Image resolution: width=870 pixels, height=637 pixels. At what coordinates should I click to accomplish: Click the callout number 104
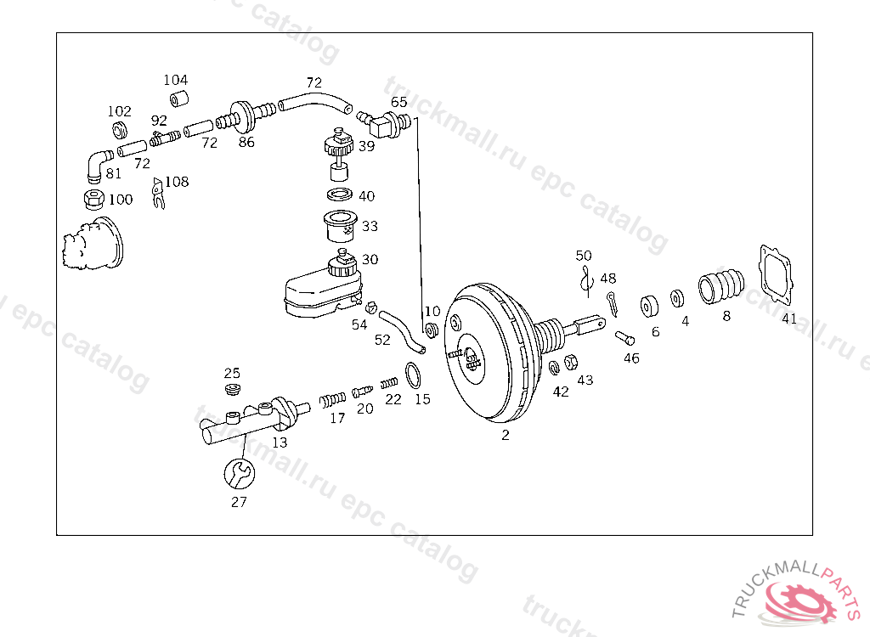[175, 80]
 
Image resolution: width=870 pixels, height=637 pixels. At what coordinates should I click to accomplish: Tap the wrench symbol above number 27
[239, 473]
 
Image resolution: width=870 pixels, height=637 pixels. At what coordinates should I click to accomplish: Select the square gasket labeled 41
[777, 273]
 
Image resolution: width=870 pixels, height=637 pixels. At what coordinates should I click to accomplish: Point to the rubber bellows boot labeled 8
[720, 285]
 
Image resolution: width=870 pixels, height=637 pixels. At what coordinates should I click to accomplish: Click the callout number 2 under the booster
[506, 435]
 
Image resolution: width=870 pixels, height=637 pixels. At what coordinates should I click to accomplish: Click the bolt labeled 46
[624, 338]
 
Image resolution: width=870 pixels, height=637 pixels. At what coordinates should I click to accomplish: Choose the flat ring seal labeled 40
[342, 195]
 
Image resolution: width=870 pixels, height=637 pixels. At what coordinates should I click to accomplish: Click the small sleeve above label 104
[178, 99]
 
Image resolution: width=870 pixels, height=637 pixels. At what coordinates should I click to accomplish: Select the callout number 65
[399, 102]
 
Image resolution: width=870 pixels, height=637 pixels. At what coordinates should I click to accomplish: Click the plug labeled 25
[232, 390]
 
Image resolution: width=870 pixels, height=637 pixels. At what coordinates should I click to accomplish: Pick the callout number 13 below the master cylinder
[280, 443]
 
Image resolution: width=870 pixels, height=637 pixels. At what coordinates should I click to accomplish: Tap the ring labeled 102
[120, 130]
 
